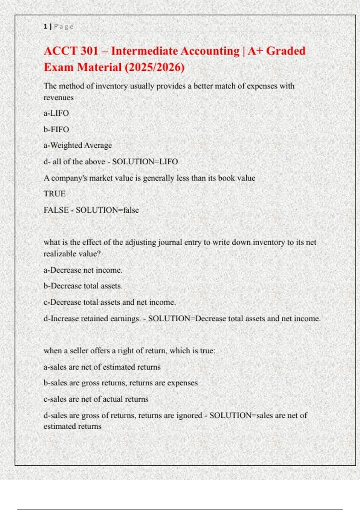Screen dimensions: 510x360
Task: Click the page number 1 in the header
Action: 45,26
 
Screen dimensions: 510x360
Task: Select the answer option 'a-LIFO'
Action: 56,113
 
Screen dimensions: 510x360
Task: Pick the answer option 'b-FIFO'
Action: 56,129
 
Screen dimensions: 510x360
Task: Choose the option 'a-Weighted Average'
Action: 78,145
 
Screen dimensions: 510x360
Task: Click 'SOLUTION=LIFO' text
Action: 145,161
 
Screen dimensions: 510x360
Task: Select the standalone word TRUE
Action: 54,193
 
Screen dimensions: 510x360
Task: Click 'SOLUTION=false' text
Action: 107,210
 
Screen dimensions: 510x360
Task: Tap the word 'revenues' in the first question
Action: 58,97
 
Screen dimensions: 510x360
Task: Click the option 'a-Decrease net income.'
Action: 83,270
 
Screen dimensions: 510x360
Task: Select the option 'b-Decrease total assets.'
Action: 83,286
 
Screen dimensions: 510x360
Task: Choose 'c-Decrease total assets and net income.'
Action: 109,302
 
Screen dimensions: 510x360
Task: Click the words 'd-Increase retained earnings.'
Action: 92,318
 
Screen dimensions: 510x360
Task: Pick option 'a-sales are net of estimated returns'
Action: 102,367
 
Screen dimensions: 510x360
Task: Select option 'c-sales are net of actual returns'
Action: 96,399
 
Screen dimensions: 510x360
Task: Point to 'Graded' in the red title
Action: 286,51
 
